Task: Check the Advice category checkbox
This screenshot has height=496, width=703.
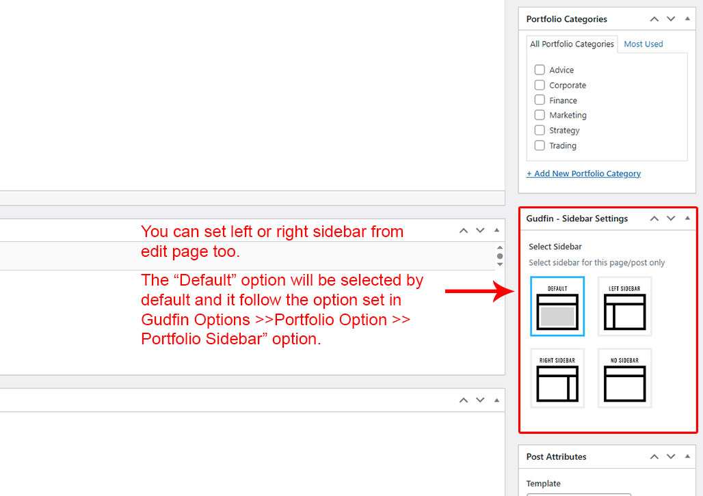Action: (x=540, y=70)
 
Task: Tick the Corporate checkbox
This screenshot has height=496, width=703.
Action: (x=540, y=85)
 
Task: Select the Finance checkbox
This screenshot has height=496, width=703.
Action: (x=540, y=100)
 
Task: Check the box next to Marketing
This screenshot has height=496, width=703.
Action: (x=540, y=115)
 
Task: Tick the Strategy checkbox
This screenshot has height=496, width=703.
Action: (x=540, y=130)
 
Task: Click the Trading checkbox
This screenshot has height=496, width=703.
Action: (x=540, y=146)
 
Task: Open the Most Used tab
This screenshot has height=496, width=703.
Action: (x=644, y=44)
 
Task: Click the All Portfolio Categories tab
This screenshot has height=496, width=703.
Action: (x=572, y=44)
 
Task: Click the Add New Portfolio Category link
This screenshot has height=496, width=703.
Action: (x=583, y=174)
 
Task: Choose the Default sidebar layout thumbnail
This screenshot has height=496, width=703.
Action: (x=557, y=307)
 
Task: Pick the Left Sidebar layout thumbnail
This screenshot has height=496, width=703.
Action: (x=624, y=307)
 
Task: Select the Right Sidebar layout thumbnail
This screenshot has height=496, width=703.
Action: (x=557, y=378)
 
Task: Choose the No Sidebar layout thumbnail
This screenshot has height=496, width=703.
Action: (x=624, y=378)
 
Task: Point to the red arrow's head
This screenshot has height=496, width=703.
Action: (x=514, y=291)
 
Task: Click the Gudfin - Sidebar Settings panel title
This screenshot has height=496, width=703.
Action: (x=577, y=219)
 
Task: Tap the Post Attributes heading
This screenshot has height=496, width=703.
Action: (x=557, y=456)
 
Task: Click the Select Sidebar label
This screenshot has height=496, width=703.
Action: (x=555, y=247)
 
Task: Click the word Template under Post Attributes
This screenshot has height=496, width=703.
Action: (x=544, y=484)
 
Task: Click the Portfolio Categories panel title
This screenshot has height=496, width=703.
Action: (x=567, y=19)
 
